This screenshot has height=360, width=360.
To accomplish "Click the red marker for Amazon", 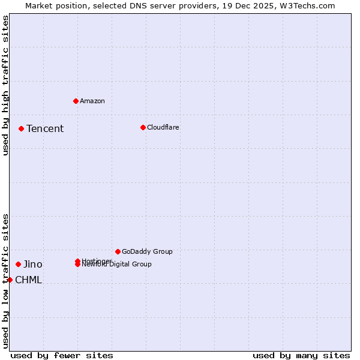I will (76, 101).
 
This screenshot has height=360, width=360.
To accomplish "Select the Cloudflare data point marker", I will (143, 127).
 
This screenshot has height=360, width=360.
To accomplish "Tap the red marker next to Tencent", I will (21, 128).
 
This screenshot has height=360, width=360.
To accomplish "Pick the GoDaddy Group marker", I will (118, 251).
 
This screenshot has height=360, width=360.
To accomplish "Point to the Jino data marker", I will (18, 264).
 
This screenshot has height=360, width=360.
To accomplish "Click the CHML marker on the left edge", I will (10, 280).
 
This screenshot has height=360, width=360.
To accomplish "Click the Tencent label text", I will (45, 128).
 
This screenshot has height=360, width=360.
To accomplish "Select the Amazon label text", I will (92, 101).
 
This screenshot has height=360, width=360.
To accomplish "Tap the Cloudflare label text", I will (163, 127).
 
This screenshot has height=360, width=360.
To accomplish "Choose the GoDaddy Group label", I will (147, 251).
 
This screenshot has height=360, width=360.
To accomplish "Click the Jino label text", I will (33, 264).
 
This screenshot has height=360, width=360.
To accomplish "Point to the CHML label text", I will (28, 280).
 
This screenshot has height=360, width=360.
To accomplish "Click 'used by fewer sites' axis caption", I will (62, 355).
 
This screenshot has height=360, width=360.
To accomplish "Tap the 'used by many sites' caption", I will (301, 355).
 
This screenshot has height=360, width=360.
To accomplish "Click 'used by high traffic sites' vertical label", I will (5, 85).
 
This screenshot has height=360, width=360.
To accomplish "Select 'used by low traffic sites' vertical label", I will (5, 280).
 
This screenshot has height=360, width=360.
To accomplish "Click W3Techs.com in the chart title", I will (310, 5).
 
